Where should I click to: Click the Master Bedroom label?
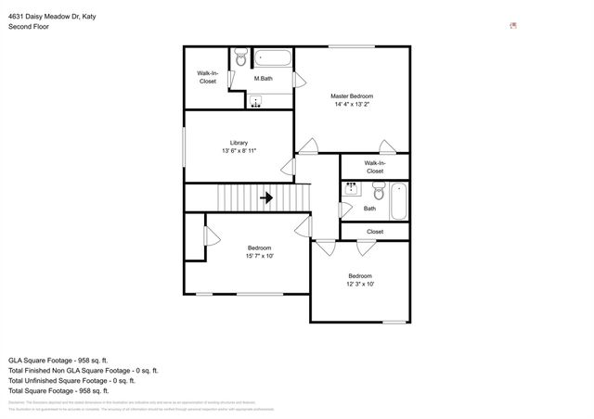pyautogui.click(x=352, y=96)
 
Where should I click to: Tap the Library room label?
pyautogui.click(x=239, y=142)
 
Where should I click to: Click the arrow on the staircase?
pyautogui.click(x=265, y=197)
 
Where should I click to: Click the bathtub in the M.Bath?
pyautogui.click(x=273, y=59)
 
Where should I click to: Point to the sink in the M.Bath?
pyautogui.click(x=256, y=102)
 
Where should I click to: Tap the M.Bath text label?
pyautogui.click(x=264, y=79)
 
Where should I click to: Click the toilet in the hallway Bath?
pyautogui.click(x=378, y=193)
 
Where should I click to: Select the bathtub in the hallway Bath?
pyautogui.click(x=398, y=201)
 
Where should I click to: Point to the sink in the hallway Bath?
pyautogui.click(x=353, y=189)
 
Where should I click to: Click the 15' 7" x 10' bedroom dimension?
pyautogui.click(x=259, y=256)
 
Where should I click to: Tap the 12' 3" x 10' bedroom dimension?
pyautogui.click(x=360, y=284)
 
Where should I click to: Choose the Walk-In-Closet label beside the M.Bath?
pyautogui.click(x=207, y=77)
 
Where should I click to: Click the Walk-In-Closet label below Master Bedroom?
pyautogui.click(x=374, y=167)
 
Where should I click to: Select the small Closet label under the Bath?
pyautogui.click(x=374, y=232)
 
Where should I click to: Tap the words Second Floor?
pyautogui.click(x=29, y=27)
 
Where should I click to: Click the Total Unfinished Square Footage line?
pyautogui.click(x=71, y=380)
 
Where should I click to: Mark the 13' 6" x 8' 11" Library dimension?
pyautogui.click(x=239, y=151)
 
